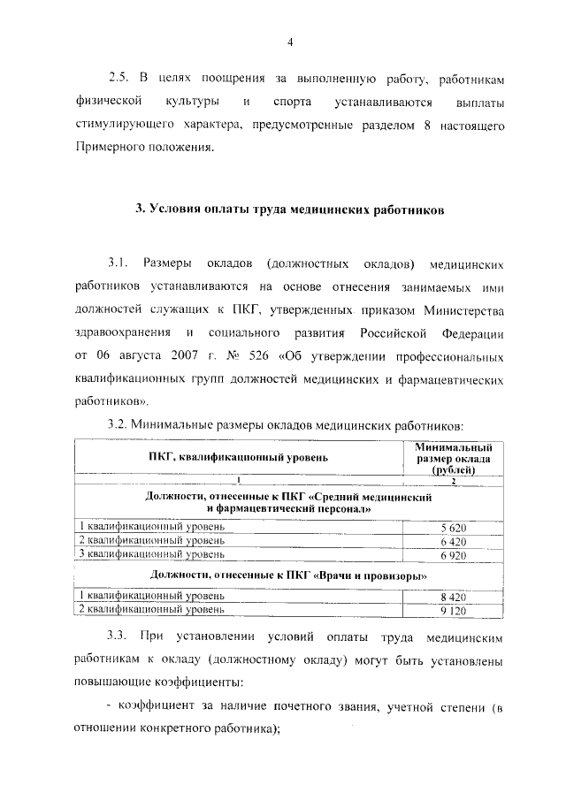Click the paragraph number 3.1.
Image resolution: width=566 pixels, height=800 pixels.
(x=119, y=264)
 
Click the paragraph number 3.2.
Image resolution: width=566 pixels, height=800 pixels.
(x=119, y=424)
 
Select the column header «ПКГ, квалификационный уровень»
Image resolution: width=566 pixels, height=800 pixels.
(x=238, y=457)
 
